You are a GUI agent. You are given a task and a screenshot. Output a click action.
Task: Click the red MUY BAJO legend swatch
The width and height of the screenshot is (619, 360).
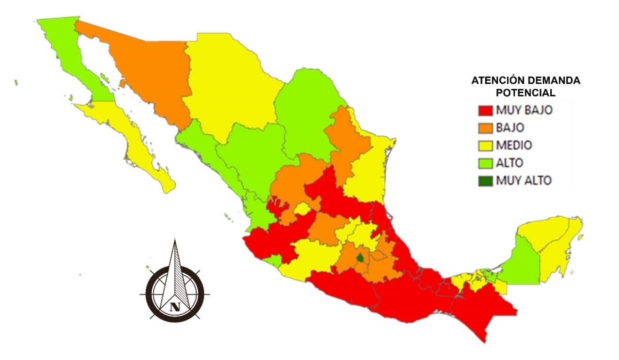[486, 111]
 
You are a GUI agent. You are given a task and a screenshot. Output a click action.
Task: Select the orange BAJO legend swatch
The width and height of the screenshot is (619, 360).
[486, 128]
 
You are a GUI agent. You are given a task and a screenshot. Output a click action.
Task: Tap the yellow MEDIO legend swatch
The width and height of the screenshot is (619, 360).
[486, 145]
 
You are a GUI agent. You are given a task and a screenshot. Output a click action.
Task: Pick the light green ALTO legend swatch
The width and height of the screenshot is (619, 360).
[486, 163]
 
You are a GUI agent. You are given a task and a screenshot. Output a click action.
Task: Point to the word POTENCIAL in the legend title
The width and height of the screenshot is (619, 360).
[525, 93]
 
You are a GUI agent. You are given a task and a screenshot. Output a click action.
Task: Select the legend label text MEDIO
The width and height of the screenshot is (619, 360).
[513, 145]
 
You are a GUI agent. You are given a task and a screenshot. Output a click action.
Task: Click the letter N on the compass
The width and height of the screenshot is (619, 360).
[175, 307]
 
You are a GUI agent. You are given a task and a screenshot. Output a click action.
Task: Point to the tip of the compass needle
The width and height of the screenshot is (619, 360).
[175, 240]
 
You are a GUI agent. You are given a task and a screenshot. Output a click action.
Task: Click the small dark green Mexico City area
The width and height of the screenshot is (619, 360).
[360, 258]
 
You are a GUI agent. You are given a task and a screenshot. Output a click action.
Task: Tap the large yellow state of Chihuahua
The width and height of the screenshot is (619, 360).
[226, 85]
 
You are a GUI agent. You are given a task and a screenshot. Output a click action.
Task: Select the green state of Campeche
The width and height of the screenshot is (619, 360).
[523, 264]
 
